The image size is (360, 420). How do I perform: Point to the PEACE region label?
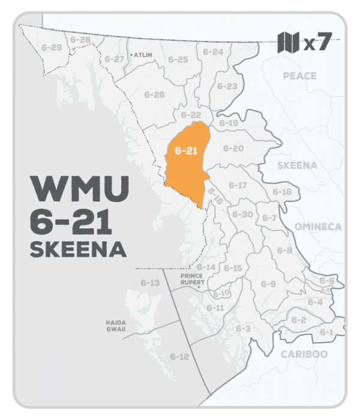(x=299, y=76)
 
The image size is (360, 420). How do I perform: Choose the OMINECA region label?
(x=317, y=226)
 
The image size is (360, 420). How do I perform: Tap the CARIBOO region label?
(x=304, y=354)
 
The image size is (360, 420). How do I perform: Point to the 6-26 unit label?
(x=154, y=95)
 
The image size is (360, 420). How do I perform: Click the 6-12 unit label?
(x=179, y=356)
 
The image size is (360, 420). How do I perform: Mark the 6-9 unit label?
(x=268, y=283)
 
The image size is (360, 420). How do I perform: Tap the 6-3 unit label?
(x=242, y=328)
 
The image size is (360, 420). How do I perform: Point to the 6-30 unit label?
(x=242, y=214)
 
